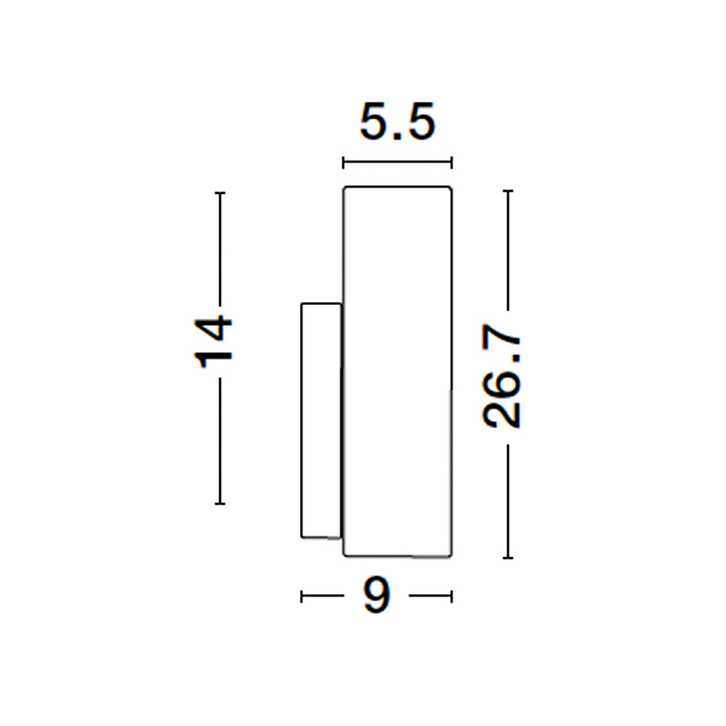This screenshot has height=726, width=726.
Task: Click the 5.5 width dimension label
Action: click(397, 122)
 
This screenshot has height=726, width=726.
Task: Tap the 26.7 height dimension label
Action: click(502, 376)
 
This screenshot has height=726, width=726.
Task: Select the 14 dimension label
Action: click(213, 342)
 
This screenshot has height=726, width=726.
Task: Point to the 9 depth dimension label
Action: click(376, 595)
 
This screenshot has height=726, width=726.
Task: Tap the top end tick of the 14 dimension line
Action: click(220, 192)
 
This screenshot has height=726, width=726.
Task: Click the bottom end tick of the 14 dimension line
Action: click(220, 503)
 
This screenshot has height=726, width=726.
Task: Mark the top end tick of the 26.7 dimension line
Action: click(508, 191)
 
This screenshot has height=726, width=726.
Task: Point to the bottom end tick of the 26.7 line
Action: click(508, 558)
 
